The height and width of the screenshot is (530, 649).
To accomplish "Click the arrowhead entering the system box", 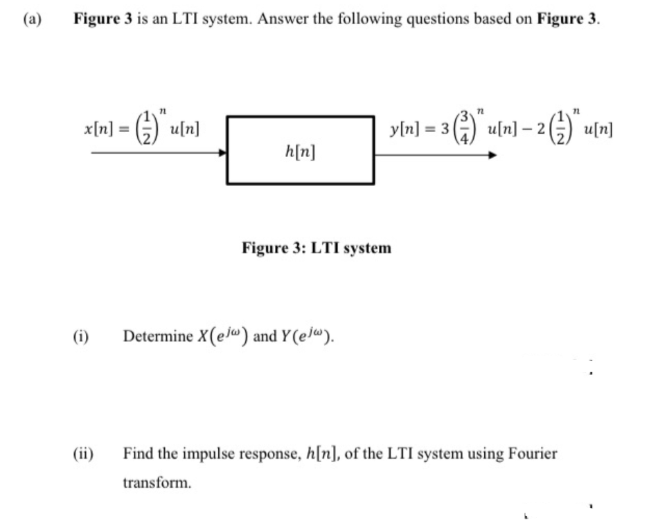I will point(223,154).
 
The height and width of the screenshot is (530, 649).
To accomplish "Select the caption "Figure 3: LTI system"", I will point(316,247).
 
